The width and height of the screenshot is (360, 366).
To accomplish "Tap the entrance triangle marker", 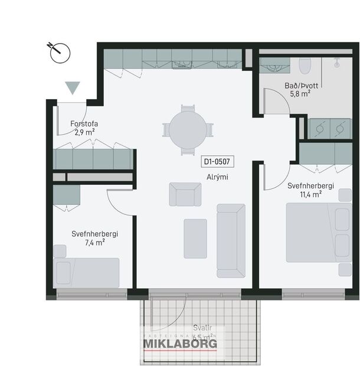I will click(73, 88).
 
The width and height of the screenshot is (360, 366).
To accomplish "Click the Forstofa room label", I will click(84, 124).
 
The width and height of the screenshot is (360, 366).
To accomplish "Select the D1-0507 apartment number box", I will click(216, 161).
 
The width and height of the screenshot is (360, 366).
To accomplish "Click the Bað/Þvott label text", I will click(301, 86).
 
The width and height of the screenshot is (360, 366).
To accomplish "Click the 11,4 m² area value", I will click(311, 194).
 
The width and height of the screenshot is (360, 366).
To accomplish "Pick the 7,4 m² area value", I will click(94, 242).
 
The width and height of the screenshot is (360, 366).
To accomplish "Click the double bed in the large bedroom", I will click(319, 232).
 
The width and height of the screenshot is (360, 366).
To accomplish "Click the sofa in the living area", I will click(231, 239).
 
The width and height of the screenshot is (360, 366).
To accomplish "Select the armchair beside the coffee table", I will click(185, 194).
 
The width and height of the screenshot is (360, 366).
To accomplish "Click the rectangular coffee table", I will click(195, 238).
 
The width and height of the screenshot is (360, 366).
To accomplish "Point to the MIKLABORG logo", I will click(180, 343).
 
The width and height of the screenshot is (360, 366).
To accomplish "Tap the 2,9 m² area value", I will click(84, 132).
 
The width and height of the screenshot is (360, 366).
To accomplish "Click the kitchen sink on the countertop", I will click(182, 64).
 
